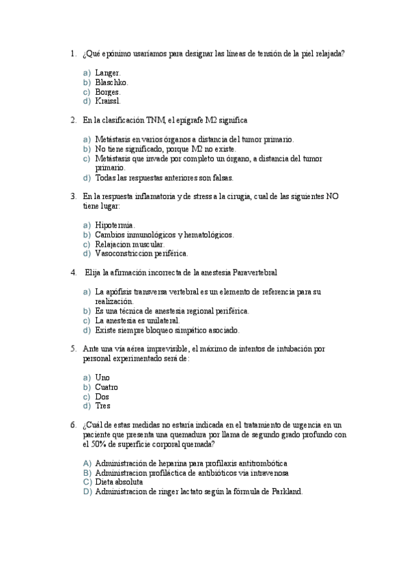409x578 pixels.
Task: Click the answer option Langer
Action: pyautogui.click(x=108, y=72)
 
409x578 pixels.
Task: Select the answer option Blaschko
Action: pyautogui.click(x=111, y=82)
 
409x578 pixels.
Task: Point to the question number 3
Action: pyautogui.click(x=73, y=196)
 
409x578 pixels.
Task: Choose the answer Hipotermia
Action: pyautogui.click(x=115, y=225)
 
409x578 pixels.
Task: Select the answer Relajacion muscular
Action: pyautogui.click(x=130, y=244)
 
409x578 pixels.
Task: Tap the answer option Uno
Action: pyautogui.click(x=102, y=377)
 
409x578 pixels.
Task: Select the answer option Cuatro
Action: pyautogui.click(x=107, y=386)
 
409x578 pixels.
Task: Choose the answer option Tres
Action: pyautogui.click(x=103, y=406)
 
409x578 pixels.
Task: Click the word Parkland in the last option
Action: pyautogui.click(x=286, y=491)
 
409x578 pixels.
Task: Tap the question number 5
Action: pyautogui.click(x=73, y=348)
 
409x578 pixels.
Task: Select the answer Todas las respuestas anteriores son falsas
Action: pyautogui.click(x=164, y=178)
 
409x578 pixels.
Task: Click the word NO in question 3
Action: pyautogui.click(x=332, y=196)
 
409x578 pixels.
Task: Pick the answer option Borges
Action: pyautogui.click(x=108, y=91)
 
